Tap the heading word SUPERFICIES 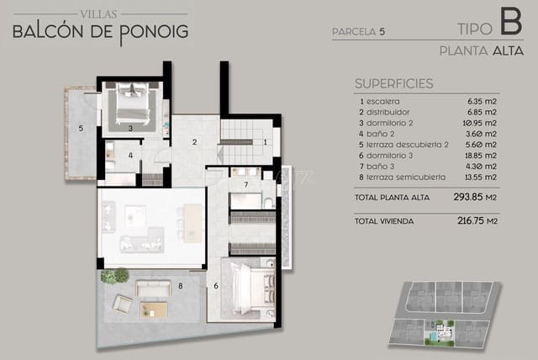click(393, 83)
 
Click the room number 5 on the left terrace click(80, 129)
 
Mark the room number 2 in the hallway click(194, 141)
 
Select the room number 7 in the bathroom click(245, 183)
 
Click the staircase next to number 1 click(242, 142)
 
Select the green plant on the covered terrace click(115, 276)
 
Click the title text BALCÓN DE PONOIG click(100, 32)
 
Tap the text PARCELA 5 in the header click(359, 33)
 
